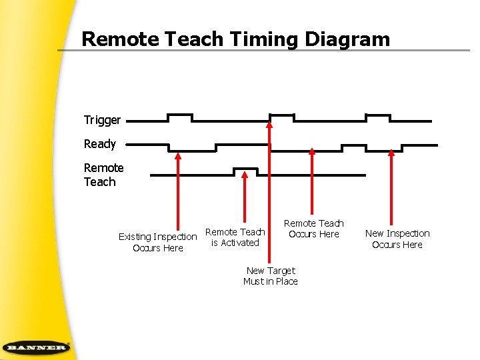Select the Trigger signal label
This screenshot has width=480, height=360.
pos(102,121)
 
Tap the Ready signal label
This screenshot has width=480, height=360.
pos(100,144)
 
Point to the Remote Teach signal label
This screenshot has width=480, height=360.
pos(103,175)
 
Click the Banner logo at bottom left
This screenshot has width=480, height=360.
pos(35,347)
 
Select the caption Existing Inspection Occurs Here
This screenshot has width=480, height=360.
pos(158,242)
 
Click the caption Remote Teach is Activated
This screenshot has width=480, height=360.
pos(235,237)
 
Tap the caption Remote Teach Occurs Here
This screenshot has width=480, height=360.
pos(313,229)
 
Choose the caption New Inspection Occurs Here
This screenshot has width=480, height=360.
pos(397,239)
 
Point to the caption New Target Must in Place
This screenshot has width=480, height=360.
pos(271,276)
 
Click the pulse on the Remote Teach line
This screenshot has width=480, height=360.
pos(244,171)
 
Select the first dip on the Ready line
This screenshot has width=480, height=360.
pos(191,148)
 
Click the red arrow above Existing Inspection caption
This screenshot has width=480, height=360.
pos(178,193)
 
